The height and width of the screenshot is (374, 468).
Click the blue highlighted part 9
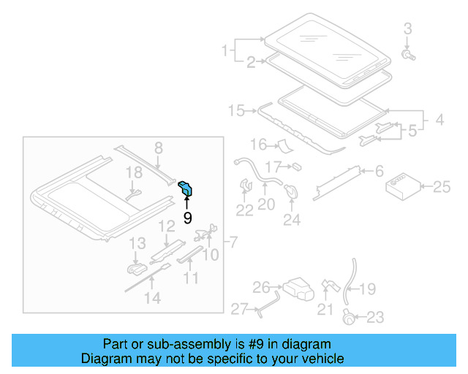pyautogui.click(x=187, y=188)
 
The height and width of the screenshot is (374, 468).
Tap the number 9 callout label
pyautogui.click(x=187, y=217)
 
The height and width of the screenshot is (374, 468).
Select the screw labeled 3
pyautogui.click(x=408, y=54)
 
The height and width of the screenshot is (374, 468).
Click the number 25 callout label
pyautogui.click(x=442, y=188)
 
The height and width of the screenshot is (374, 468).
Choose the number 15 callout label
pyautogui.click(x=236, y=110)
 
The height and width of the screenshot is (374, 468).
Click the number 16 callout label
pyautogui.click(x=260, y=144)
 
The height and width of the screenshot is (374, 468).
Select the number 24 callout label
pyautogui.click(x=292, y=218)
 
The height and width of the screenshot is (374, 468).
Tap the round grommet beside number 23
pyautogui.click(x=350, y=316)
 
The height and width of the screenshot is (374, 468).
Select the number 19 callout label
pyautogui.click(x=368, y=289)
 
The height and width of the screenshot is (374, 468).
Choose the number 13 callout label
pyautogui.click(x=137, y=243)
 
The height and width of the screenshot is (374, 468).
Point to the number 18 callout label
pyautogui.click(x=132, y=172)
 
